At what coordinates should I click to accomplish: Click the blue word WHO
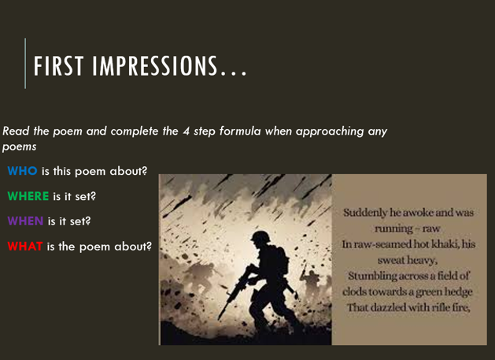(x=22, y=171)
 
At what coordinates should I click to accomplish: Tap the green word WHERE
(x=28, y=196)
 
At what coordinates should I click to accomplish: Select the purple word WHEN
(x=25, y=221)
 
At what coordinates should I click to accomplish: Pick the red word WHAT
(x=25, y=246)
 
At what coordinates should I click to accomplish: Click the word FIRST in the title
(x=59, y=65)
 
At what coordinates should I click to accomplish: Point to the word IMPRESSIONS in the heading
(x=155, y=65)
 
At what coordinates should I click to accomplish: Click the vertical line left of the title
(x=25, y=64)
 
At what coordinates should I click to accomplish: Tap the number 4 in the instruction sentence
(x=187, y=132)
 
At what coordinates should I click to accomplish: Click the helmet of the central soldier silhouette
(x=260, y=236)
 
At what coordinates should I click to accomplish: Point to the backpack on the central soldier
(x=282, y=260)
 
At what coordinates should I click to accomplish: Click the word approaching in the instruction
(x=330, y=132)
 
